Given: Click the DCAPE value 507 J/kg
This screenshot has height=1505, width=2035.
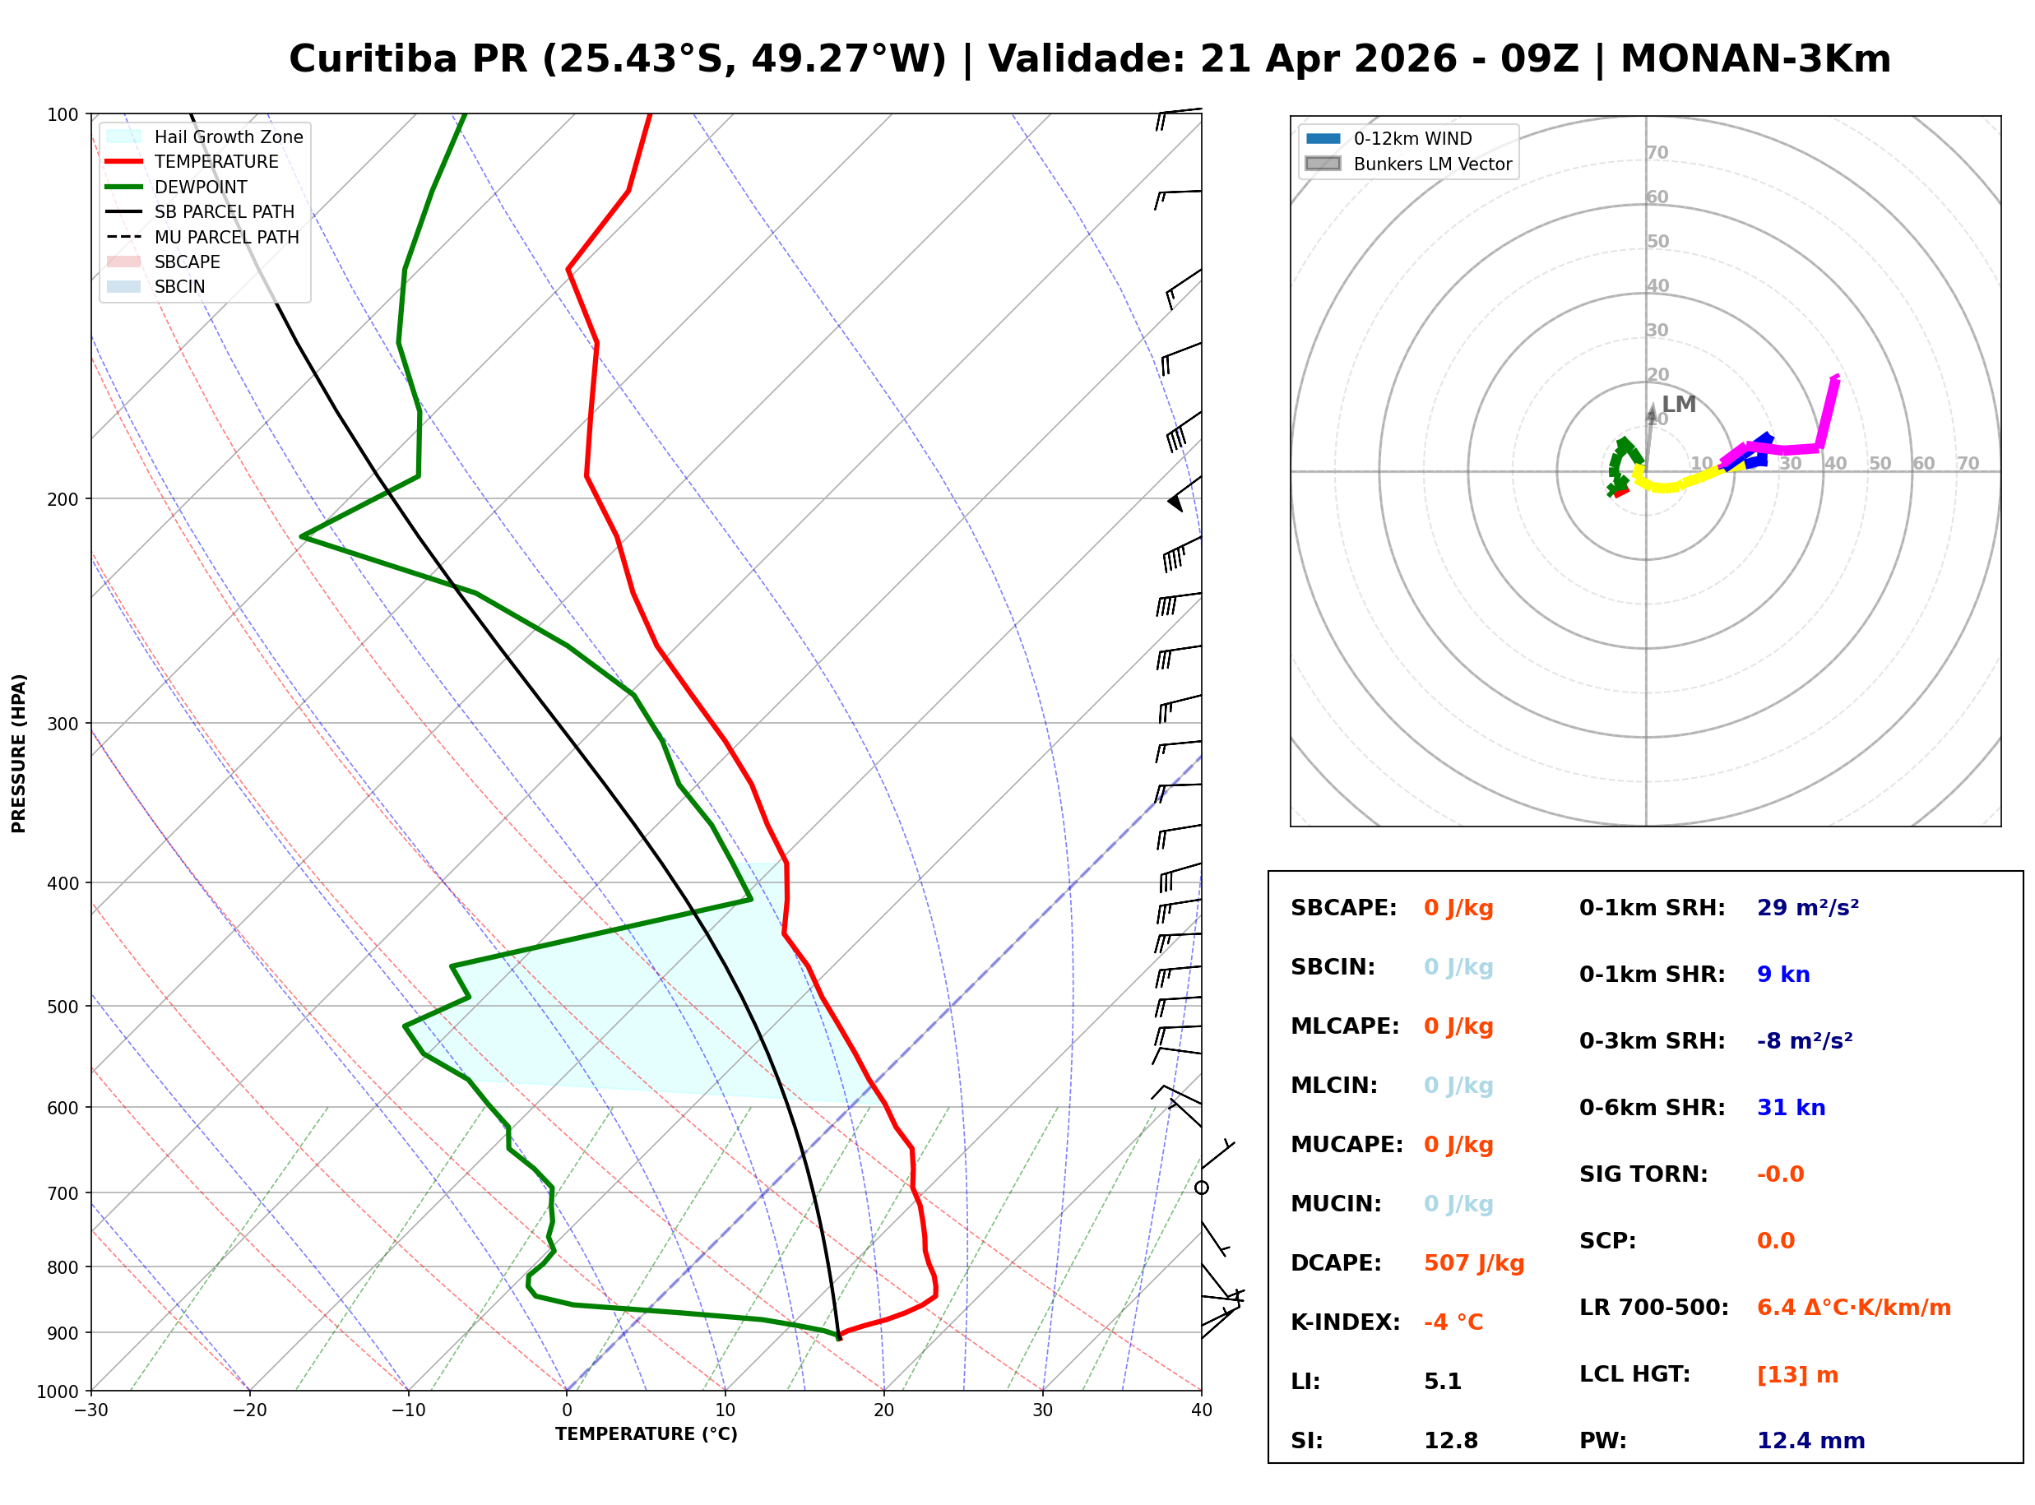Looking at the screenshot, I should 1473,1263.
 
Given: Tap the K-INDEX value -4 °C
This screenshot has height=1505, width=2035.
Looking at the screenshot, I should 1453,1322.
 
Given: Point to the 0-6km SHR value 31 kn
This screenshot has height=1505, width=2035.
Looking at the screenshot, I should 1791,1108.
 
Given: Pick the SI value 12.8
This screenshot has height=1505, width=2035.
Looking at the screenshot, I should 1451,1441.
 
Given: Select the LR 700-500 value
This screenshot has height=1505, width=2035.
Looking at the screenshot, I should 1853,1308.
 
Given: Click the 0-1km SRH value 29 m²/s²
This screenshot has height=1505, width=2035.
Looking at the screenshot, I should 1807,908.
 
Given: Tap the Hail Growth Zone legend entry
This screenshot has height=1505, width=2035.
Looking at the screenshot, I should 228,137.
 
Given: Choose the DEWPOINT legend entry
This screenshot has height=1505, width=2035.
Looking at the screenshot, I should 201,187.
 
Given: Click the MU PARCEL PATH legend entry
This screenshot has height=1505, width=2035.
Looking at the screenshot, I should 226,237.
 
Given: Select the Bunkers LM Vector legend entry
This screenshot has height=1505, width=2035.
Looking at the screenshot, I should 1432,164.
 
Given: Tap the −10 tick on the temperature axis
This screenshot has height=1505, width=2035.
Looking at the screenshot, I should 407,1410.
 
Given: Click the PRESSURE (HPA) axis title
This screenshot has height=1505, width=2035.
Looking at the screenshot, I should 19,753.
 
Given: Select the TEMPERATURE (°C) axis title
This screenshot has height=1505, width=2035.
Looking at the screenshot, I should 646,1434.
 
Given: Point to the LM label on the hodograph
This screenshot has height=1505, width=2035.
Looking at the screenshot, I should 1678,405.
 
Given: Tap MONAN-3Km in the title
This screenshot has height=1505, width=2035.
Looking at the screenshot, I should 1755,60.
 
